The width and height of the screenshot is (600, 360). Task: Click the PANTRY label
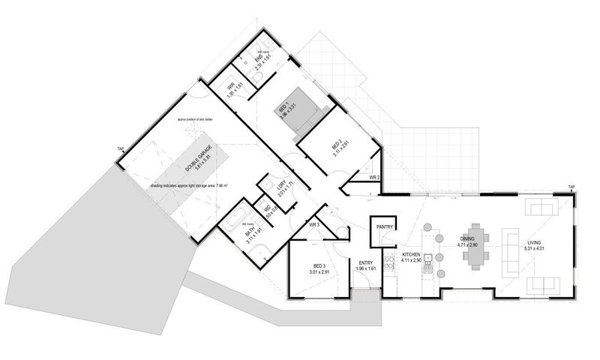(385, 224)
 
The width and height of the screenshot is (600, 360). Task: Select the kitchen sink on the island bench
(427, 259)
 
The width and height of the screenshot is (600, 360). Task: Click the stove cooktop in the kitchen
(388, 262)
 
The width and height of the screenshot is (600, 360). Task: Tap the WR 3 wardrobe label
(314, 224)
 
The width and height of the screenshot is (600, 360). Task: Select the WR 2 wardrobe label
(375, 178)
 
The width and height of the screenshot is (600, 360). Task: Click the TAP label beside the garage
(119, 149)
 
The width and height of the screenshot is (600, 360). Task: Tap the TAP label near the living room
(571, 187)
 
